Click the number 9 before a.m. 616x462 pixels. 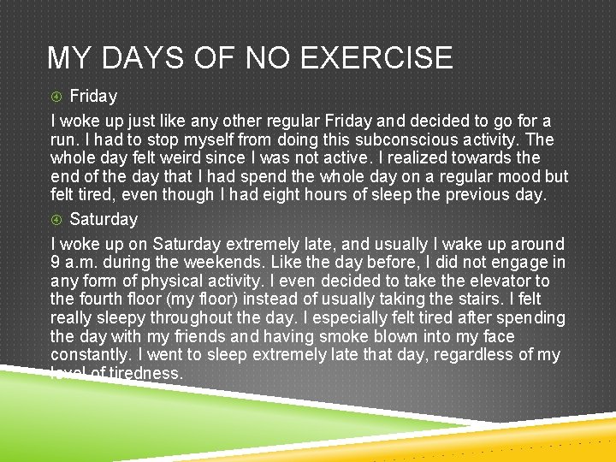(55, 263)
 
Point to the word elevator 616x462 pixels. (486, 281)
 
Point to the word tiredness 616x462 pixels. (145, 373)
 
